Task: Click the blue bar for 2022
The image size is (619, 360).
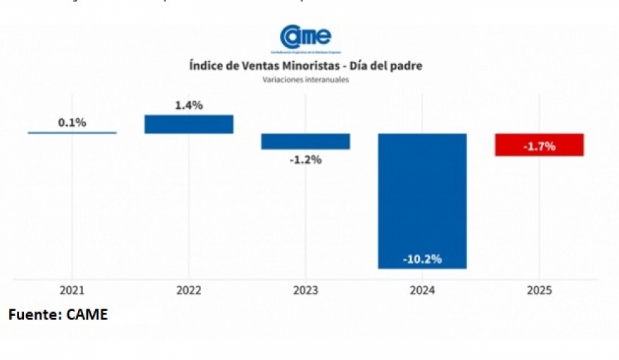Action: pyautogui.click(x=189, y=124)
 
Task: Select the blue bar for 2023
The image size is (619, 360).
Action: pyautogui.click(x=305, y=141)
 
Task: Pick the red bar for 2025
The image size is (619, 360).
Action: pyautogui.click(x=540, y=144)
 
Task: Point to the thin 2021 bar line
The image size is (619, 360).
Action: pyautogui.click(x=72, y=132)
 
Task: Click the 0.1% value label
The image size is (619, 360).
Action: pyautogui.click(x=72, y=122)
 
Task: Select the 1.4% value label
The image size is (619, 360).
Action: pyautogui.click(x=189, y=105)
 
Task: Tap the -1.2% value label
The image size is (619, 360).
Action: pyautogui.click(x=306, y=160)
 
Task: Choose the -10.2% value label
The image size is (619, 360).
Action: pyautogui.click(x=422, y=259)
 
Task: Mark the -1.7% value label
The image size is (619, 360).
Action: pyautogui.click(x=540, y=146)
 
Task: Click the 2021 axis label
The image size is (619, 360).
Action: pyautogui.click(x=72, y=290)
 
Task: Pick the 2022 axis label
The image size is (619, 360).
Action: pyautogui.click(x=189, y=290)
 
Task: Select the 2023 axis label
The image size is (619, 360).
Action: pyautogui.click(x=305, y=290)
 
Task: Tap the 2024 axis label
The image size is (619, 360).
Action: pyautogui.click(x=422, y=290)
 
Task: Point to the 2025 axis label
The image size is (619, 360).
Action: pyautogui.click(x=539, y=290)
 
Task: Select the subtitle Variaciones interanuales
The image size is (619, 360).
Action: pyautogui.click(x=305, y=79)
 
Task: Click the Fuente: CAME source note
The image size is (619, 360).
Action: pyautogui.click(x=58, y=314)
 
